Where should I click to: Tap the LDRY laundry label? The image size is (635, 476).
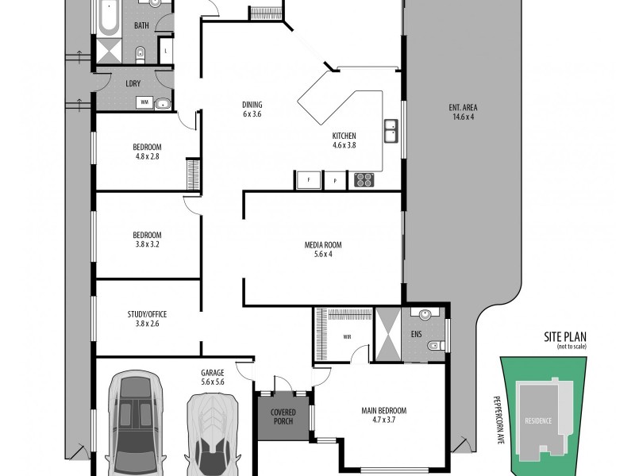click(x=133, y=83)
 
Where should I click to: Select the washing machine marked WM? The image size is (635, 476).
click(x=144, y=102)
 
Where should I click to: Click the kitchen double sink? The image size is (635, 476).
click(x=391, y=131)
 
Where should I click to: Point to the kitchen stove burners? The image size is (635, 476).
click(x=364, y=180)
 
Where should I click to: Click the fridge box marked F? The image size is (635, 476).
click(x=308, y=180)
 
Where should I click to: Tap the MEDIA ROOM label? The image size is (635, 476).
click(x=317, y=249)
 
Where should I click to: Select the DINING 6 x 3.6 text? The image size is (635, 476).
click(x=252, y=109)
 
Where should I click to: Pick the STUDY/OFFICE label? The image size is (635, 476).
click(x=147, y=318)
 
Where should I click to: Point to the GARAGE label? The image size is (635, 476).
click(x=213, y=377)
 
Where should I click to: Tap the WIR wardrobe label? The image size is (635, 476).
click(x=347, y=336)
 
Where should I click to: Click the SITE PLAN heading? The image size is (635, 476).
click(x=564, y=338)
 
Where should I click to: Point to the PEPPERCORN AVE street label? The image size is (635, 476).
click(x=501, y=416)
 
